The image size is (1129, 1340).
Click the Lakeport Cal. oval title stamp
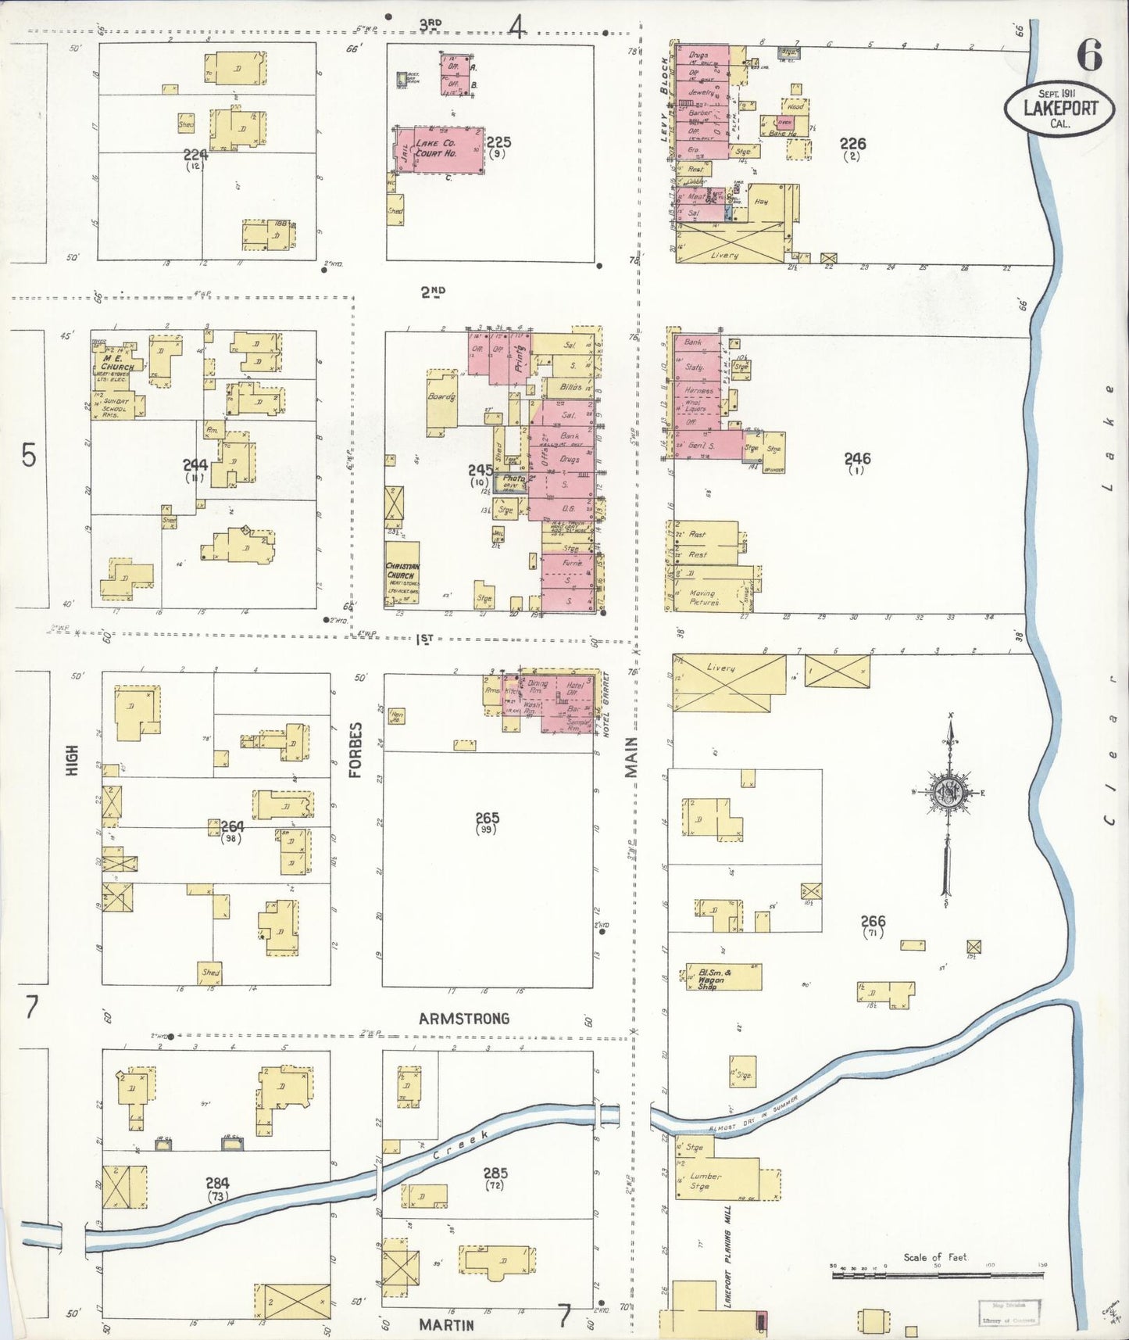1059,109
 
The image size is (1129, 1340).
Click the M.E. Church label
117,363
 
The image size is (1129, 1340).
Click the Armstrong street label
463,1019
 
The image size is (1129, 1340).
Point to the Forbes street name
355,750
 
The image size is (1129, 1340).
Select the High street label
73,760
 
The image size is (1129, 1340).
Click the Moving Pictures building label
705,598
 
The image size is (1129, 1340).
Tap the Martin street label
446,1324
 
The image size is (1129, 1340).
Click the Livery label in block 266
720,668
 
